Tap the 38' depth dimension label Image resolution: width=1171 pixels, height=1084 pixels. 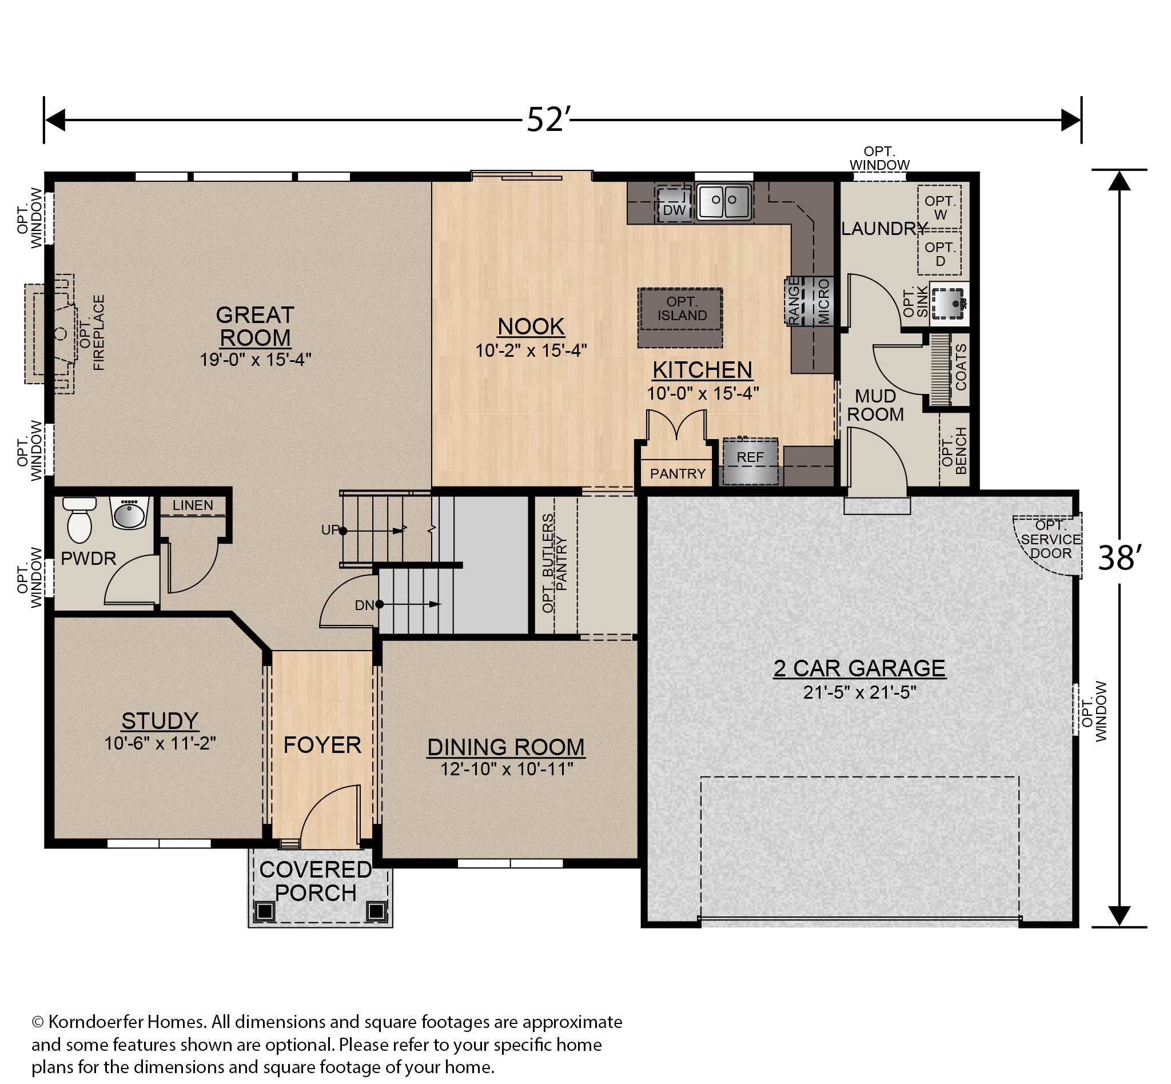pos(1120,558)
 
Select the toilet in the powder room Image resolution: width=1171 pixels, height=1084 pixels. pos(79,520)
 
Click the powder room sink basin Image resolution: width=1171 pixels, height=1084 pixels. pos(129,514)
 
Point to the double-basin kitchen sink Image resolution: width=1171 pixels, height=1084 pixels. pos(724,202)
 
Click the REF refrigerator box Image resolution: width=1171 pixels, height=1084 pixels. pos(750,461)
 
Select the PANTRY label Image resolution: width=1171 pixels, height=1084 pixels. pos(678,473)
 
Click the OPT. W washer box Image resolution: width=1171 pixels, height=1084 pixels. pos(940,207)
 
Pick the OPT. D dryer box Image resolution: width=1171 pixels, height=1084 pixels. pos(940,253)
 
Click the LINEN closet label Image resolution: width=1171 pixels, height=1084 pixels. pos(193,505)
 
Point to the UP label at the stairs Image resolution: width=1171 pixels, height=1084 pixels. pos(330,530)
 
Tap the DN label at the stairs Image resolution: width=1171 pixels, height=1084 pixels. pos(364,605)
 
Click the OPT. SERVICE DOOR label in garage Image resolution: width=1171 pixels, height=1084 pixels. pos(1051,539)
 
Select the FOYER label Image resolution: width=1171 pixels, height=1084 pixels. pos(322,745)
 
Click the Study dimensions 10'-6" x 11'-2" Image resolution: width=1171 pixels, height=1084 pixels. pos(160,743)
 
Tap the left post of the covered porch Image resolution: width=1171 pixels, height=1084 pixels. pos(265,911)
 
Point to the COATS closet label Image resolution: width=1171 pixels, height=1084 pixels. pos(961,367)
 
